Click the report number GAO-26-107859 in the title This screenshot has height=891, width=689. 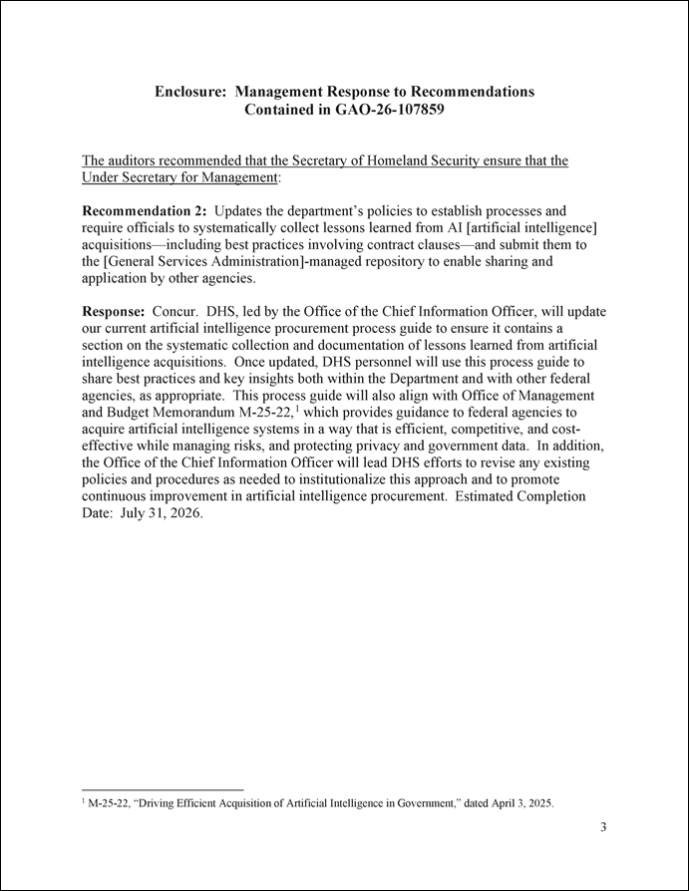click(380, 110)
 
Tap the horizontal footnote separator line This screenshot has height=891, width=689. click(162, 789)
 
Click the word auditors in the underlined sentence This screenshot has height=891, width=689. click(137, 160)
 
